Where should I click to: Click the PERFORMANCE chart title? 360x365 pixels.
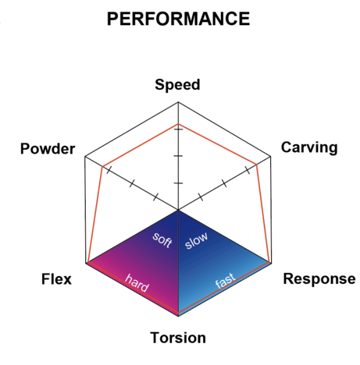pos(178,19)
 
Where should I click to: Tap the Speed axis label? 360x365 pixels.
pos(177,85)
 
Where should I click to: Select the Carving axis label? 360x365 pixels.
pos(309,147)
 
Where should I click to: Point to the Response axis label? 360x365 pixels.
pos(319,279)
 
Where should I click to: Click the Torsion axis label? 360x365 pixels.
pos(178,338)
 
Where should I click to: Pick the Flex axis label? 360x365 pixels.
pos(56,279)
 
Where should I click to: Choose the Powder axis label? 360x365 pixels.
pos(48,149)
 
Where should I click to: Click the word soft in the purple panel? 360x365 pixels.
pos(162,239)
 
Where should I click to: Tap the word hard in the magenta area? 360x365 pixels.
pos(137,283)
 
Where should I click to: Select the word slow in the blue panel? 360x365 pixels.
pos(196,240)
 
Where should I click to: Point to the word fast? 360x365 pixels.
pos(225,280)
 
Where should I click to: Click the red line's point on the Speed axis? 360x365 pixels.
pos(178,124)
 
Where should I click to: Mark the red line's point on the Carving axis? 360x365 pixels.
pos(257,165)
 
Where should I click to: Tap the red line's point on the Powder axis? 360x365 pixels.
pos(102,166)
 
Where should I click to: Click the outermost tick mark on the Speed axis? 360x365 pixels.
pos(178,129)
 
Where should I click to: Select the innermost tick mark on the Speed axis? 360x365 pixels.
pos(178,183)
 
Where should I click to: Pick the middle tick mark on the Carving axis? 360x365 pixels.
pos(224,183)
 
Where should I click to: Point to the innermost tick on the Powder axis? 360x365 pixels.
pos(155,197)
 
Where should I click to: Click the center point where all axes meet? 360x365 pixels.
pos(178,210)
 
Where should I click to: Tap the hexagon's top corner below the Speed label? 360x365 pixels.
pos(178,102)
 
